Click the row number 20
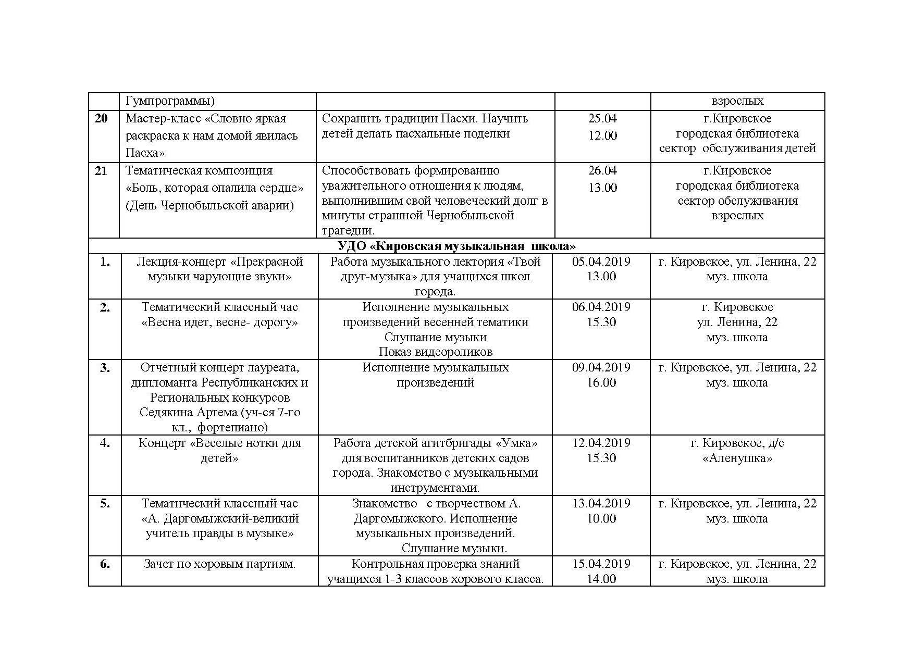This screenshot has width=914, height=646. [x=101, y=119]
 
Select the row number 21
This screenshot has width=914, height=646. [x=101, y=171]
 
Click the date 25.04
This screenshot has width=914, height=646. [x=602, y=119]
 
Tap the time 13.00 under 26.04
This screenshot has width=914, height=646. [x=602, y=188]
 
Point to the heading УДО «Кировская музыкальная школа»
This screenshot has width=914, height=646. [x=456, y=246]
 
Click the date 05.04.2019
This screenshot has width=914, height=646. [x=601, y=262]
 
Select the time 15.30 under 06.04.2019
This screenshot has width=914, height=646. [x=601, y=322]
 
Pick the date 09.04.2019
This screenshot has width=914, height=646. [x=601, y=368]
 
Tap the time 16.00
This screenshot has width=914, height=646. [x=601, y=383]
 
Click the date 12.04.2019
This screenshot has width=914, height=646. [x=601, y=443]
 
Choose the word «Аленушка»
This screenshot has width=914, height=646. [x=737, y=458]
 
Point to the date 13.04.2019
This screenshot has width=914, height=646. [x=601, y=504]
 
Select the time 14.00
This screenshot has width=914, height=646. [x=601, y=579]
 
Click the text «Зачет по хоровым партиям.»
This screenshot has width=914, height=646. [x=219, y=564]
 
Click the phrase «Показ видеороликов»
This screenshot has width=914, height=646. [x=435, y=352]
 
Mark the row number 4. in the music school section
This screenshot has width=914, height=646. [x=105, y=443]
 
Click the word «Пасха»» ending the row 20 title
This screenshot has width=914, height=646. [x=145, y=153]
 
